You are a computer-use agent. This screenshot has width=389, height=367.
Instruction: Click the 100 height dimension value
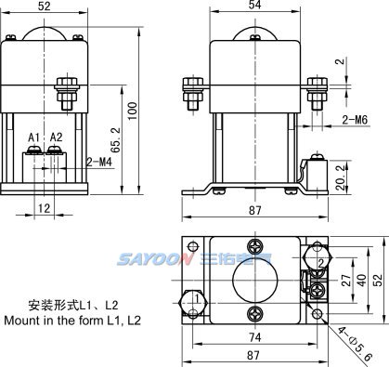coord(133,111)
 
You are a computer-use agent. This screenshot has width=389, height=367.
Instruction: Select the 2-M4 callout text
coord(99,162)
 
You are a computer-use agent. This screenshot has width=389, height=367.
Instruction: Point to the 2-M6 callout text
coord(356,120)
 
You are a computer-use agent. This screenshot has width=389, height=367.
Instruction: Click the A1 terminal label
coord(34,137)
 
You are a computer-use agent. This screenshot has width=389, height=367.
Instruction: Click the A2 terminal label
coord(57,137)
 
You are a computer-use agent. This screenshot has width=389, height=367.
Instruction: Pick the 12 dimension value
coord(44,208)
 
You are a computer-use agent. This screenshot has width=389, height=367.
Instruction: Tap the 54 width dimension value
coord(254,5)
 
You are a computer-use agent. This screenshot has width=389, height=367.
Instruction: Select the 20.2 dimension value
coord(341,177)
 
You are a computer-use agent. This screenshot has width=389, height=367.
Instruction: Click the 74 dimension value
coord(255,337)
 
